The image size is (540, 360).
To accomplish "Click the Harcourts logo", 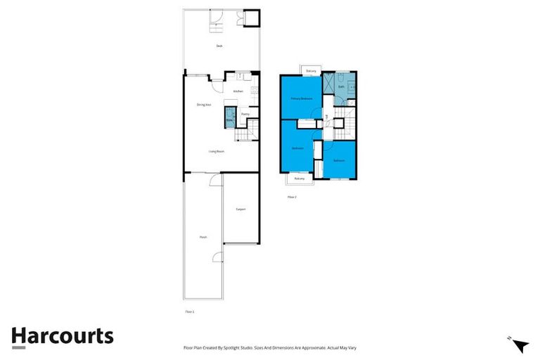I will (x=62, y=336).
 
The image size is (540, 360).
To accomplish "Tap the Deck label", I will (x=219, y=46).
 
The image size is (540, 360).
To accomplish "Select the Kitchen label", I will (x=238, y=91).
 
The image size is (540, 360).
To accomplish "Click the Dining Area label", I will (x=204, y=105).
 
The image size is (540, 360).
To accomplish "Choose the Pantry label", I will (x=245, y=113).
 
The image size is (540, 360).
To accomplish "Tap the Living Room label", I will (x=216, y=151).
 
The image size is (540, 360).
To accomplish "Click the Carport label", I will (x=240, y=209).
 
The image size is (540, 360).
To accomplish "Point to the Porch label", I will (x=203, y=237).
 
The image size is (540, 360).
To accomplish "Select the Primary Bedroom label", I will (x=302, y=98).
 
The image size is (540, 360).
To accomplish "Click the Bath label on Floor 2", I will (x=341, y=87).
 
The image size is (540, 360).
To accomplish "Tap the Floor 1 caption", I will (x=189, y=311).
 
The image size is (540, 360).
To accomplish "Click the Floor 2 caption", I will (x=292, y=197).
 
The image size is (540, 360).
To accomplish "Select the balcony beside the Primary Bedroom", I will (x=311, y=71).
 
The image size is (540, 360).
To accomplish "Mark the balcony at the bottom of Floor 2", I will (x=300, y=179).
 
